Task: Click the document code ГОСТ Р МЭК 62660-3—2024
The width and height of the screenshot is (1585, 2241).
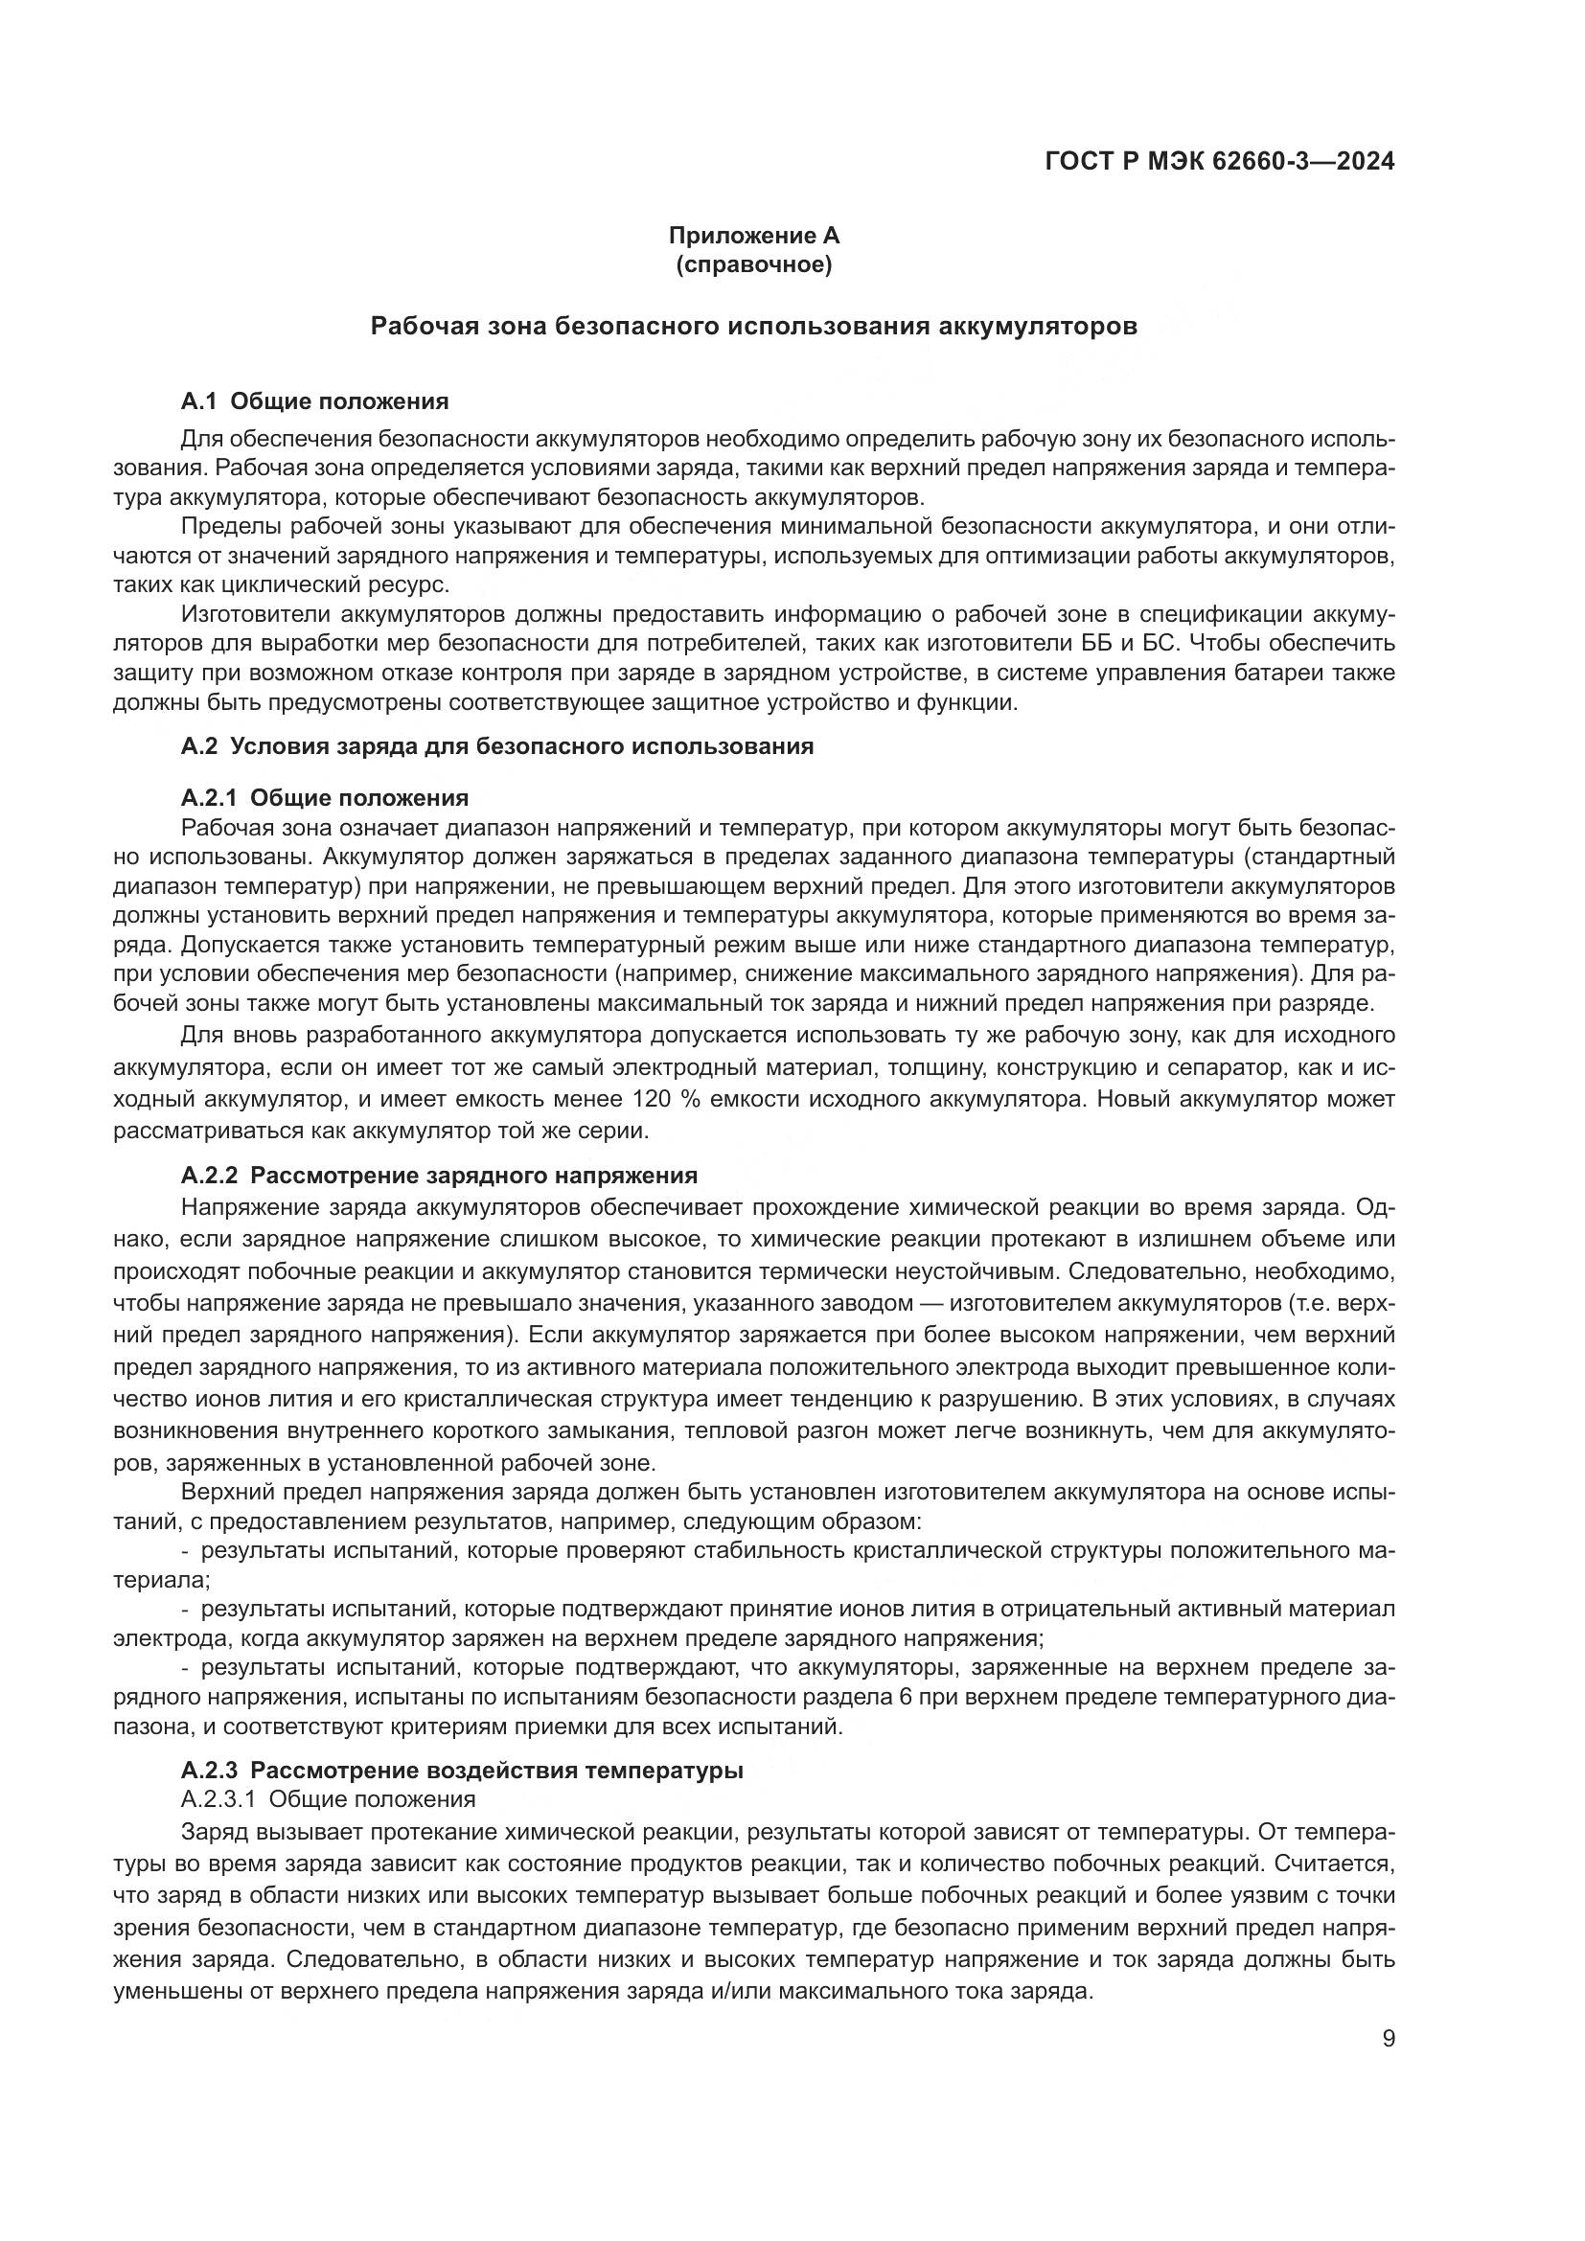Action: (x=1219, y=162)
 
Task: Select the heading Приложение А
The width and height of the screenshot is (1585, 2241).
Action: (x=753, y=236)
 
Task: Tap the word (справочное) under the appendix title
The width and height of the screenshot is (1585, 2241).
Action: (x=753, y=264)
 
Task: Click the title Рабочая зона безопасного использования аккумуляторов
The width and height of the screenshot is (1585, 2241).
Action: (x=753, y=326)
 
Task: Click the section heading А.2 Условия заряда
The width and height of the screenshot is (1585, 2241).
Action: (x=496, y=746)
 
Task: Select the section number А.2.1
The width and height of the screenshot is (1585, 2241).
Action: (x=210, y=798)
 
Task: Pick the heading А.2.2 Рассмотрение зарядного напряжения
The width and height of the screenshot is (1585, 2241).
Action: (x=439, y=1176)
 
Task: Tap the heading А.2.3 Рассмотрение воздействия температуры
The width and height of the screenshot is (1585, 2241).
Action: (x=462, y=1771)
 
